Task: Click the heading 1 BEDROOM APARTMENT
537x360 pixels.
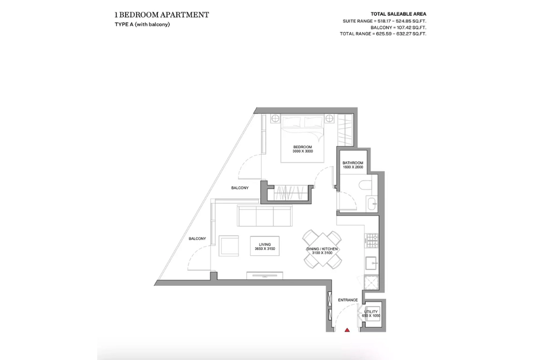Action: [162, 15]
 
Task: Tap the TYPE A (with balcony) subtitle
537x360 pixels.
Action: [142, 24]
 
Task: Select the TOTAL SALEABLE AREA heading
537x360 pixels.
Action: [398, 14]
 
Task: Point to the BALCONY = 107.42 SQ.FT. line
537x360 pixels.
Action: [398, 27]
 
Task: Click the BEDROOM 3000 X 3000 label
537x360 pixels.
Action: [303, 149]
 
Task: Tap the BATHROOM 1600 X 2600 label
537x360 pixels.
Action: [353, 165]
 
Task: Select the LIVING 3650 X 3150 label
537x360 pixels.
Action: [265, 247]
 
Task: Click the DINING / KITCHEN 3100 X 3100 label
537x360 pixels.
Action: [322, 251]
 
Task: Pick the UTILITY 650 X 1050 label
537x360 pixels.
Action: [371, 314]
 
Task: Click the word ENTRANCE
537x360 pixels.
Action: [347, 300]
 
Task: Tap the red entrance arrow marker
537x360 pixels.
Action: [347, 330]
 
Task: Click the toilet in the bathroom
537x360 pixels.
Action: [365, 185]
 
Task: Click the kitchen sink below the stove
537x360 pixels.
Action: [372, 263]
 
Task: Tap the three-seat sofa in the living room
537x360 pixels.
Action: [265, 216]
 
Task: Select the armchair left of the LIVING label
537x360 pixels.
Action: [229, 245]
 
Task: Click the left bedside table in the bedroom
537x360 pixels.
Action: [275, 119]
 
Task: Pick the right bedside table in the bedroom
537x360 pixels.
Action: [329, 119]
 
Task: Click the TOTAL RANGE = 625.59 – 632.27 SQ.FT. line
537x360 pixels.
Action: [383, 34]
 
